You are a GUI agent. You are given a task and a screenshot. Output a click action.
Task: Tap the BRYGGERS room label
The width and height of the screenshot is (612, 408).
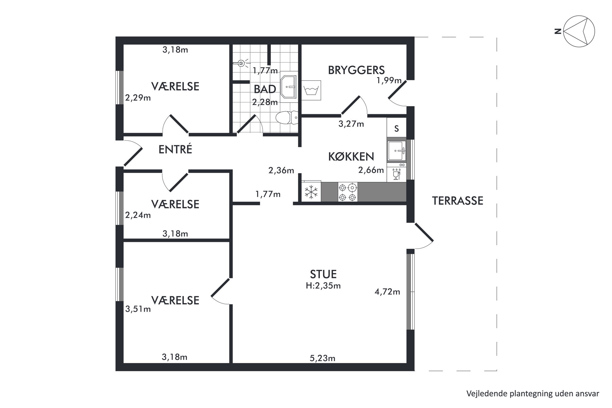coord(356,70)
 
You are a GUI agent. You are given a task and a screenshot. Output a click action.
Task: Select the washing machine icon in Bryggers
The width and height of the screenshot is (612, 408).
coord(311,90)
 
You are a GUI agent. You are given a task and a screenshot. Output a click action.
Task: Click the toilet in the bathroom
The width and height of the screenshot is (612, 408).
coord(287,117)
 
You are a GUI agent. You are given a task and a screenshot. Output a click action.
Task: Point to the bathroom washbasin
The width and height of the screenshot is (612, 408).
coord(288,87)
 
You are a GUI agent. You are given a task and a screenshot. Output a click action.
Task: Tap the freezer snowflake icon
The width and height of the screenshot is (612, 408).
coord(311,192)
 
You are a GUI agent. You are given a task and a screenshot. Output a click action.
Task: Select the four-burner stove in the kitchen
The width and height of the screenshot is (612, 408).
coord(348,192)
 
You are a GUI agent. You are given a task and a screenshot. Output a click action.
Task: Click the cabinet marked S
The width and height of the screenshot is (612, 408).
coord(396,128)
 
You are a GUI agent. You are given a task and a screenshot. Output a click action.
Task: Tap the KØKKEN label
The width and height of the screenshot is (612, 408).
coord(351,157)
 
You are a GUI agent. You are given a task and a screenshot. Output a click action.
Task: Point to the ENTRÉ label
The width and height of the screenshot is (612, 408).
coord(175,149)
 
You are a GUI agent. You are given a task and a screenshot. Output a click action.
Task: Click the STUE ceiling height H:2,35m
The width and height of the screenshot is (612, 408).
coord(323,286)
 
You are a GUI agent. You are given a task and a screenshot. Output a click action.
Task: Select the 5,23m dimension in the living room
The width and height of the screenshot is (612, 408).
coord(322,358)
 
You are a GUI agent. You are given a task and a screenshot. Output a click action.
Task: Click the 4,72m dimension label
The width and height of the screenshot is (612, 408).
coord(387,291)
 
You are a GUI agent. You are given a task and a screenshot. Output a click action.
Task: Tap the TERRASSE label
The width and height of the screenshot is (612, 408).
coord(457,201)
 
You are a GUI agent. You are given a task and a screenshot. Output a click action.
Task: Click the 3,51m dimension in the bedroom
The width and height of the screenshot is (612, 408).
coord(138,309)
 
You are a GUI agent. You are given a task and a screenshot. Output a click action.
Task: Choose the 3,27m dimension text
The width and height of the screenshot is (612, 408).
coord(351,124)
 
